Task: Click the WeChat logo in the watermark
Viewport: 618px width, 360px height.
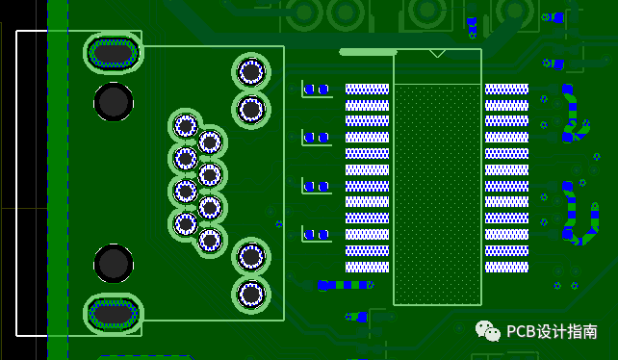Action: [487, 330]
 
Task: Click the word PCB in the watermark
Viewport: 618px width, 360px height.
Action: [521, 332]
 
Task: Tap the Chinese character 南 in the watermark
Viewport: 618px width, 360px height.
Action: [590, 332]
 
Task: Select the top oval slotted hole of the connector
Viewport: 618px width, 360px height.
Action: [114, 53]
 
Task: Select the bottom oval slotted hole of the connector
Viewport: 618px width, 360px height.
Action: [114, 314]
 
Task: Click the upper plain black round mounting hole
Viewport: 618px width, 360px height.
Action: [114, 102]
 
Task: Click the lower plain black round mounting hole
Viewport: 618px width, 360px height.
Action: [114, 264]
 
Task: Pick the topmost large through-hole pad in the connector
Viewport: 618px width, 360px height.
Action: [251, 72]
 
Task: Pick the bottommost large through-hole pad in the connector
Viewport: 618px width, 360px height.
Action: [251, 295]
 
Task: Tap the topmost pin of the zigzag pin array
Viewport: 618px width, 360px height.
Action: [186, 126]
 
